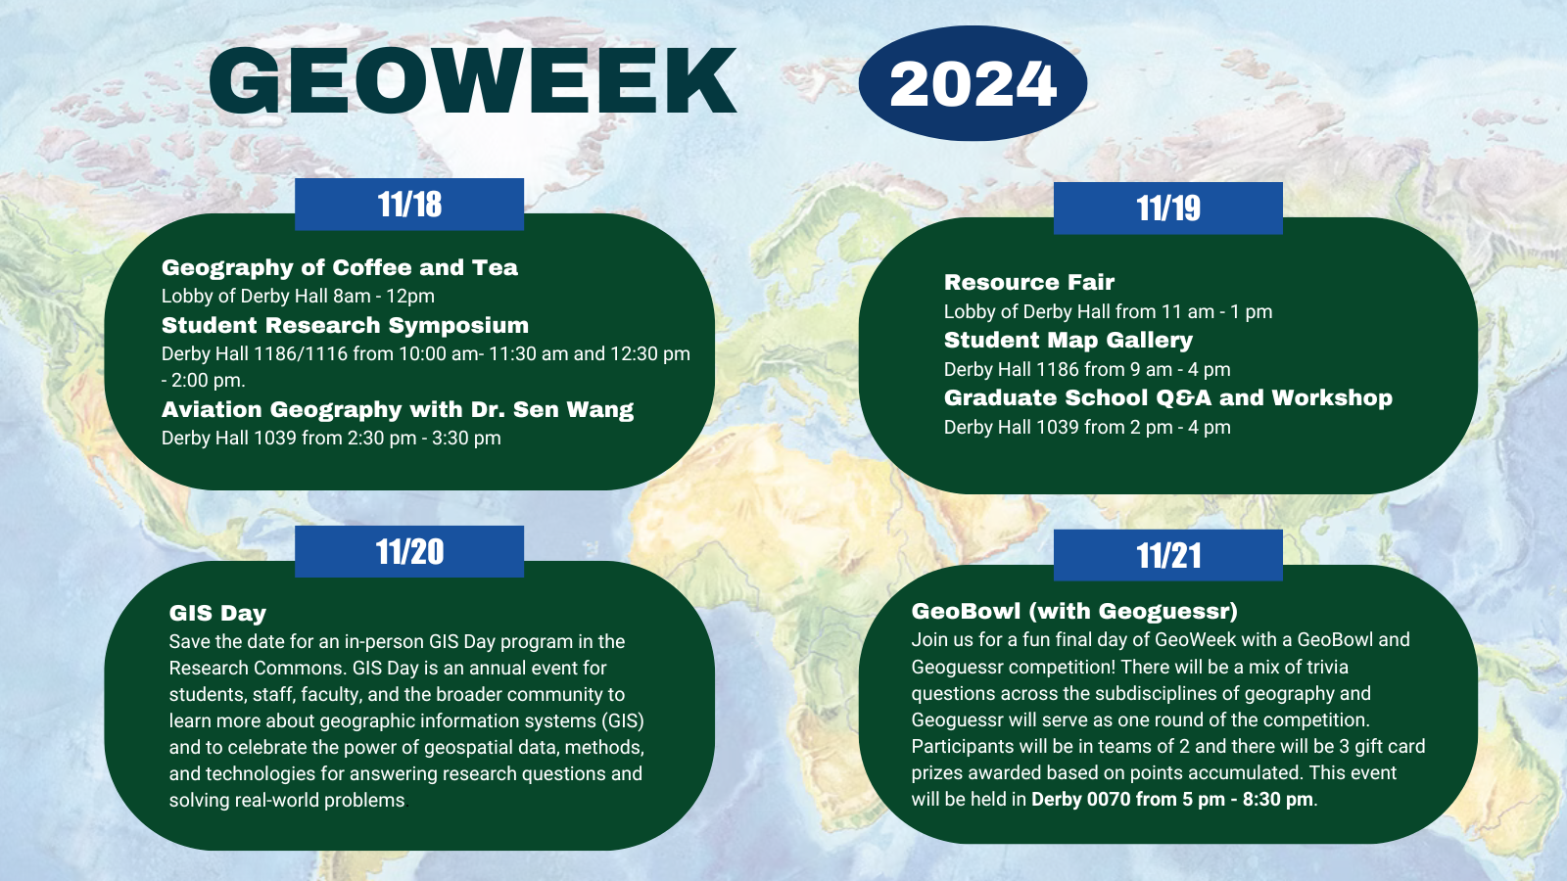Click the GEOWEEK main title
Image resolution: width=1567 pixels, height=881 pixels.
click(472, 81)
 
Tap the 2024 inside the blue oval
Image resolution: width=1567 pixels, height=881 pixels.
click(973, 84)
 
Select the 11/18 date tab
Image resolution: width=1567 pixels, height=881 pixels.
click(409, 205)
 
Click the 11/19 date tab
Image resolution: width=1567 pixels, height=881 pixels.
click(1167, 209)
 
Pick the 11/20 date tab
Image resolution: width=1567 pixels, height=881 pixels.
click(409, 552)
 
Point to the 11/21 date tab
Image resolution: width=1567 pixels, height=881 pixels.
click(1167, 556)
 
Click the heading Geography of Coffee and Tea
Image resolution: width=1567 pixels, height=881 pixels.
click(339, 267)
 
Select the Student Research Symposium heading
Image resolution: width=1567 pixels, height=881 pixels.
click(345, 325)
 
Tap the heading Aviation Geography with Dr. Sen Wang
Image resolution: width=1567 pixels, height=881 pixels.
click(397, 409)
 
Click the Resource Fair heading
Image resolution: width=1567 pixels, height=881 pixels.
click(1028, 282)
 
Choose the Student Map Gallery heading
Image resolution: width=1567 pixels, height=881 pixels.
click(1068, 340)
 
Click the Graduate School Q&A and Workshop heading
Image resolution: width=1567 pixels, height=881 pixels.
click(1167, 397)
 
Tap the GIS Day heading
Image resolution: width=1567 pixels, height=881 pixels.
click(217, 613)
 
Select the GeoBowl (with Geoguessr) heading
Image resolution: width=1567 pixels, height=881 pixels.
click(1074, 611)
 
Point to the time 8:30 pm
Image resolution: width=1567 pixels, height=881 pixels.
click(1277, 799)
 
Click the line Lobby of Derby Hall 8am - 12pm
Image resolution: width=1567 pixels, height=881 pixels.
click(298, 296)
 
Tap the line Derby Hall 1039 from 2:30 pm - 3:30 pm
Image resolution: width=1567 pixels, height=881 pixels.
click(331, 438)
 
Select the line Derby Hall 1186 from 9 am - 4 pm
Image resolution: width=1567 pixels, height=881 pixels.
click(1087, 369)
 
